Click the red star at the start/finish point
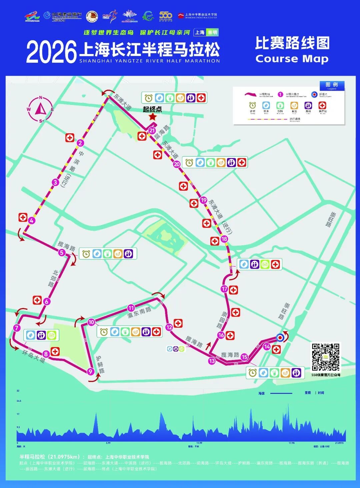(x=153, y=117)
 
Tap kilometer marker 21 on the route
(x=152, y=131)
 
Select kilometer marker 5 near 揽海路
(x=61, y=253)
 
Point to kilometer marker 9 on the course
(x=90, y=372)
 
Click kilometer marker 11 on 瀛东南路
(x=131, y=308)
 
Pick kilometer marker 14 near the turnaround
(x=267, y=347)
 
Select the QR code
(x=325, y=357)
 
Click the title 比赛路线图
(x=292, y=43)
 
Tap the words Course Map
(x=292, y=59)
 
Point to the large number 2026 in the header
(x=51, y=52)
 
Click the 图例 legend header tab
(x=332, y=85)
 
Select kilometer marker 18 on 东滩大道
(x=224, y=239)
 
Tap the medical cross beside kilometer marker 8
(x=55, y=351)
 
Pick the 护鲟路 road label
(x=100, y=364)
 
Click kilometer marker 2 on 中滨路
(x=80, y=143)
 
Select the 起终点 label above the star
(x=152, y=109)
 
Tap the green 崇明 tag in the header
(x=212, y=32)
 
